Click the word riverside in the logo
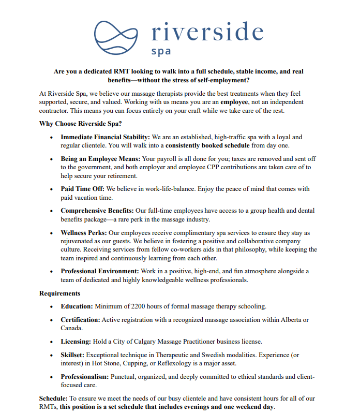coord(207,32)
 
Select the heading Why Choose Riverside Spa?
coord(80,124)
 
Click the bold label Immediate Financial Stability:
coord(106,137)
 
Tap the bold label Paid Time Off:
coord(82,189)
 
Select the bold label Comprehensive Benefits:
coord(97,211)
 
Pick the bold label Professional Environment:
coord(100,271)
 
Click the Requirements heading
coord(59,293)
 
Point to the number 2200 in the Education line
coord(140,306)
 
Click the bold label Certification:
coord(80,320)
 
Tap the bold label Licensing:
coord(76,342)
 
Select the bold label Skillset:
coord(72,355)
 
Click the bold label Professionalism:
coord(85,377)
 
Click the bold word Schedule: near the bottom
coord(53,399)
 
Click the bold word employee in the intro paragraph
coord(234,102)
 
